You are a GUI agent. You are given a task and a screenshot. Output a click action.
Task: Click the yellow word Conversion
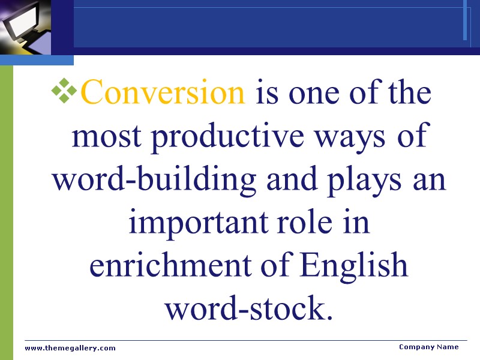pos(163,94)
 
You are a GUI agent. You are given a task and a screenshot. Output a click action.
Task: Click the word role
pos(312,223)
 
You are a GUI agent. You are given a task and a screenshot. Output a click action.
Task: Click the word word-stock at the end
pos(248,309)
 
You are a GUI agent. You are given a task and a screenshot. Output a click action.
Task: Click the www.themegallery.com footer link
pos(70,348)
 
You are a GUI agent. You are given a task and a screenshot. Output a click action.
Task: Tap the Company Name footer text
pos(428,347)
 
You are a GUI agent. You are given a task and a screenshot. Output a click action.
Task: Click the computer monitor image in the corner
pos(24,27)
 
